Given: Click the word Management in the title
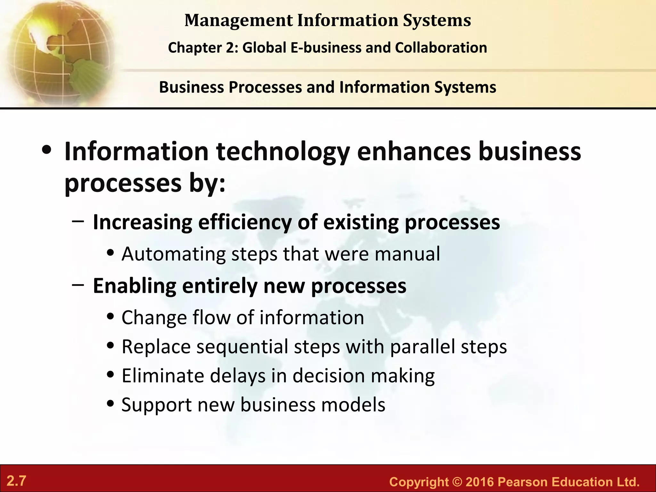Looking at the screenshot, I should pyautogui.click(x=239, y=20).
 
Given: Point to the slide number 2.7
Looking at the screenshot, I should pyautogui.click(x=16, y=481).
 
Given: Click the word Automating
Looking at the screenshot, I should pyautogui.click(x=173, y=254).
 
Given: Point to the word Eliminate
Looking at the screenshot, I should pyautogui.click(x=163, y=375).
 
